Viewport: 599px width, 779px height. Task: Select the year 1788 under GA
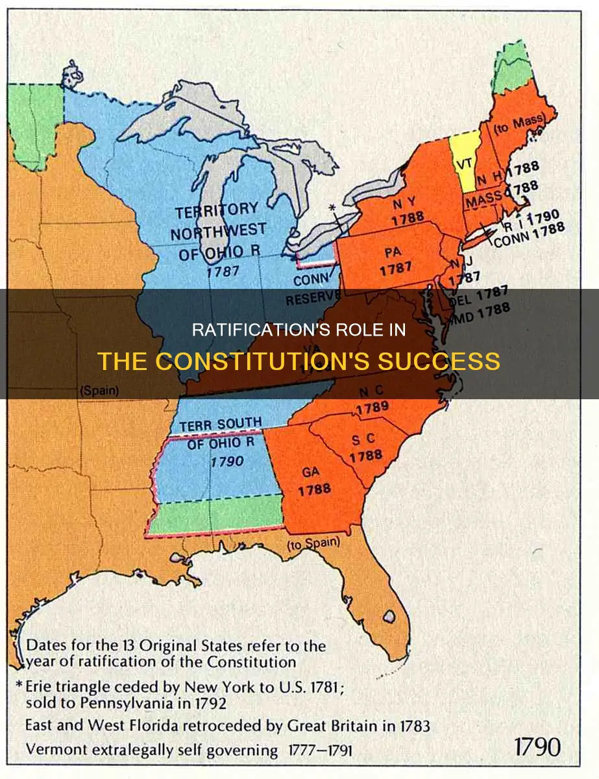coord(315,489)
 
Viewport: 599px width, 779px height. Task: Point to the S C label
coord(363,441)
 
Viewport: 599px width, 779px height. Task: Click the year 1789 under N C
coord(371,406)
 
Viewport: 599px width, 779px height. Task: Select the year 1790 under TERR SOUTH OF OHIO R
coord(226,461)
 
